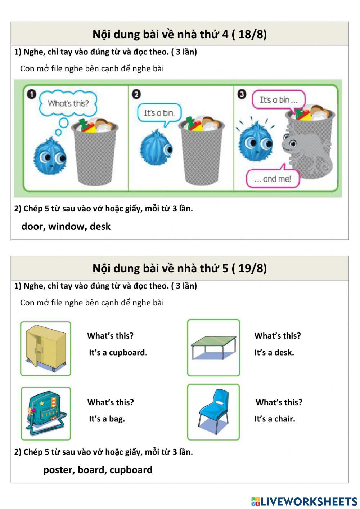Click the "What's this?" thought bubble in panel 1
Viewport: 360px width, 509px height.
pyautogui.click(x=68, y=103)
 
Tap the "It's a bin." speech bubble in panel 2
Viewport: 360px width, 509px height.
pyautogui.click(x=159, y=113)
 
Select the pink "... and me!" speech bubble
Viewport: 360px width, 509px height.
pyautogui.click(x=273, y=179)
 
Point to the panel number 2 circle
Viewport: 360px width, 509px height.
pyautogui.click(x=136, y=94)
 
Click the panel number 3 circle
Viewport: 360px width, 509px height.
pyautogui.click(x=242, y=94)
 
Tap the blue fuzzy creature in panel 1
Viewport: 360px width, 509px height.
pyautogui.click(x=50, y=156)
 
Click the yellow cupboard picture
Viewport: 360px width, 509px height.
pyautogui.click(x=46, y=348)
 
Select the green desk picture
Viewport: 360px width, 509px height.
pyautogui.click(x=213, y=347)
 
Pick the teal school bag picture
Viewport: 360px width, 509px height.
pyautogui.click(x=46, y=413)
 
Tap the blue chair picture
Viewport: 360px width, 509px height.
pyautogui.click(x=213, y=412)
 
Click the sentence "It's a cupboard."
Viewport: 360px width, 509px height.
pyautogui.click(x=118, y=353)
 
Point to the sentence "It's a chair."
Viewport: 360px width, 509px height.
pyautogui.click(x=274, y=419)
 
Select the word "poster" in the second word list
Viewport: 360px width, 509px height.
pyautogui.click(x=59, y=470)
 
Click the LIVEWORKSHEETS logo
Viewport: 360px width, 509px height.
pyautogui.click(x=304, y=501)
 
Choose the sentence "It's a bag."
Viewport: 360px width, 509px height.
pyautogui.click(x=107, y=419)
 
